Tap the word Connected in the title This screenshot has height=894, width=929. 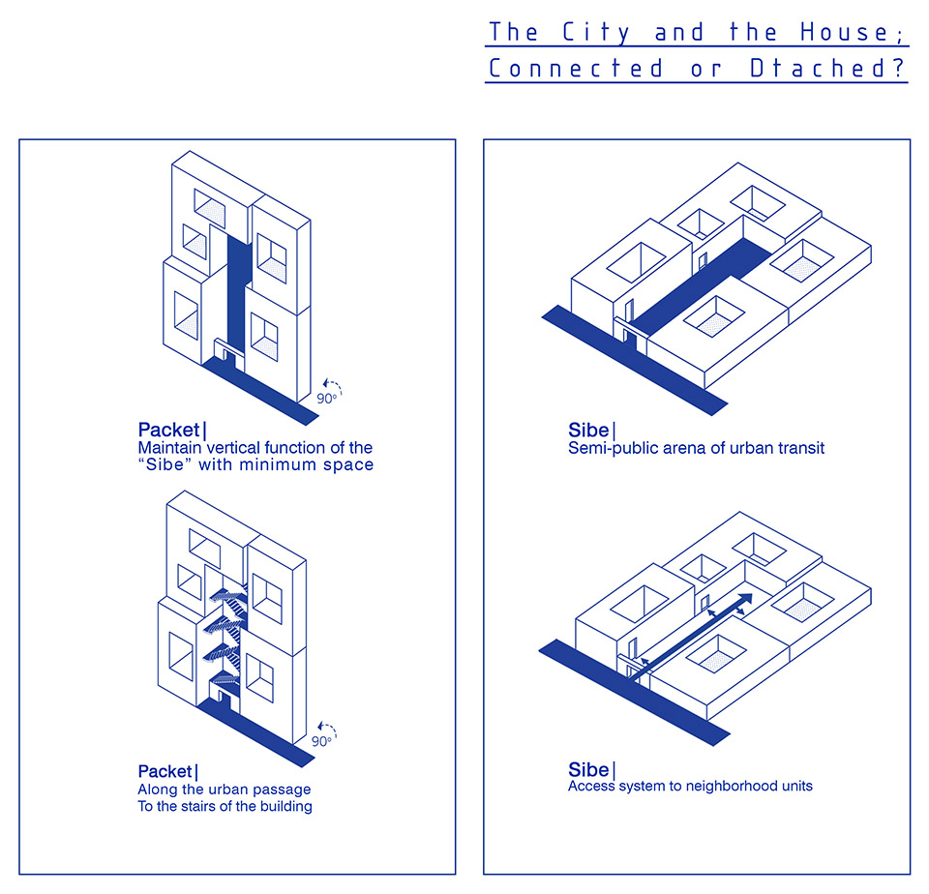click(x=576, y=69)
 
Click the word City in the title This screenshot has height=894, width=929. click(x=595, y=33)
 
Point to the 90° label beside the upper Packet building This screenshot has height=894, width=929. click(x=327, y=399)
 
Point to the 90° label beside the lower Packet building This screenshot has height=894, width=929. click(x=321, y=741)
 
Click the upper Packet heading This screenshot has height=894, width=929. click(x=168, y=430)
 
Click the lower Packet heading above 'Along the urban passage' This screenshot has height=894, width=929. click(x=165, y=771)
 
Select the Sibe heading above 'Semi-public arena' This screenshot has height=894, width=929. click(x=588, y=430)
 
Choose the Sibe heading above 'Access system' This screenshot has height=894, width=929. click(x=588, y=769)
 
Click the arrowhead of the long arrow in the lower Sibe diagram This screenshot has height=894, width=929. click(x=744, y=599)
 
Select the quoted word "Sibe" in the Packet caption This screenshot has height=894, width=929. click(x=165, y=464)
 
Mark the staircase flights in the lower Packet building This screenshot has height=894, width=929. click(x=225, y=637)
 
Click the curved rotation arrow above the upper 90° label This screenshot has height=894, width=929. click(x=332, y=386)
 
